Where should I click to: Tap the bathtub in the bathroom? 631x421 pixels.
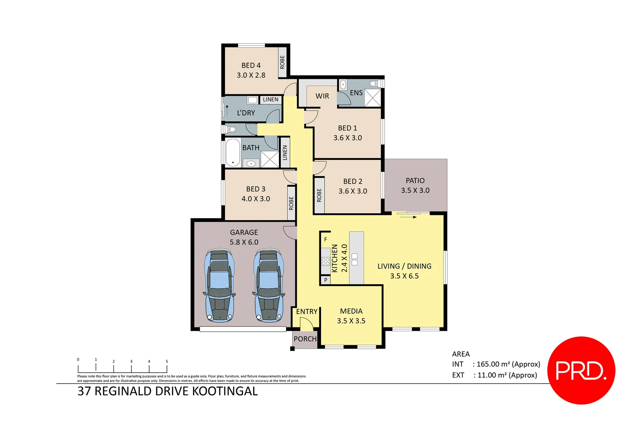pos(233,152)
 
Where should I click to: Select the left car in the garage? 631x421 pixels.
pos(220,286)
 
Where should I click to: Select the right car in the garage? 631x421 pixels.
pos(269,286)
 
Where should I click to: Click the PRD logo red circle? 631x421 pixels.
pos(581,370)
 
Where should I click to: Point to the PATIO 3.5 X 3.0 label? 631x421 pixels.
pos(415,186)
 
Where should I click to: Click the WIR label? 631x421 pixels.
pos(322,96)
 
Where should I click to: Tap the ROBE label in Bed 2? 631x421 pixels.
pos(319,195)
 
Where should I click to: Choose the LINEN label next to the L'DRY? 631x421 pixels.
pos(271,99)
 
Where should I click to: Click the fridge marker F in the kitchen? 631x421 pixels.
pos(326,239)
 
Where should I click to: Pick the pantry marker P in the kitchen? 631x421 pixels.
pos(326,280)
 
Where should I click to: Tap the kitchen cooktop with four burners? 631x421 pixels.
pos(326,261)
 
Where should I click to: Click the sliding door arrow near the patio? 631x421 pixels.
pos(408,217)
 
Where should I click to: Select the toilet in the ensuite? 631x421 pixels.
pos(374,83)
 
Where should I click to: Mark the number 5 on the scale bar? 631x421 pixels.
pos(167,361)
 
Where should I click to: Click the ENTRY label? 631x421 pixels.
pos(307,311)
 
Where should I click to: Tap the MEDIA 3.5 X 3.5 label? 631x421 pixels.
pos(351,316)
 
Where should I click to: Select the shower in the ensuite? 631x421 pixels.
pos(372,97)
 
